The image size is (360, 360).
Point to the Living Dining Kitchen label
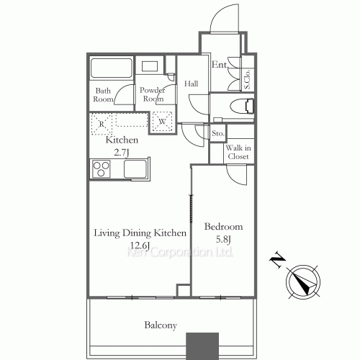point(141,233)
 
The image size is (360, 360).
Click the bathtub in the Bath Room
point(111,69)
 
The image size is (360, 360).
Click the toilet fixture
point(238,107)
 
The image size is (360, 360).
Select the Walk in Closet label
point(238,152)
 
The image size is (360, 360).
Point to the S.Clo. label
point(247,77)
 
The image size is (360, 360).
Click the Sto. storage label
point(217,133)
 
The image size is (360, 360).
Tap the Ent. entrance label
point(219,65)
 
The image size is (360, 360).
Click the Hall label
point(191,84)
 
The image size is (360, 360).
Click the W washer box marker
point(162,122)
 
